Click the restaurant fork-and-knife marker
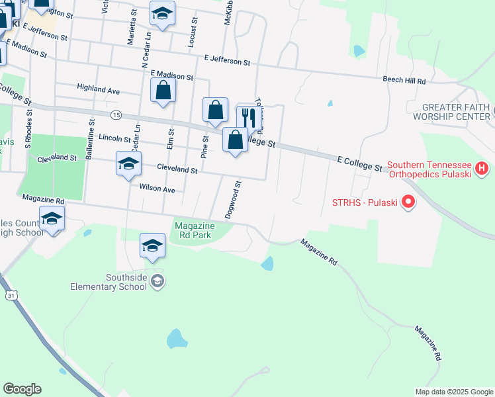[x=249, y=118]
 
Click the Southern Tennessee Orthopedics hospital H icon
[x=481, y=170]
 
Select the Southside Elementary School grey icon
[x=157, y=282]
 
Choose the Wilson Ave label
[x=157, y=189]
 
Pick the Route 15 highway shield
[x=116, y=114]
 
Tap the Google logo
[x=22, y=389]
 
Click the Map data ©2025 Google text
[x=453, y=392]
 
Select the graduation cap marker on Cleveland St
[x=128, y=163]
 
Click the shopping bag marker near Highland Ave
[x=163, y=91]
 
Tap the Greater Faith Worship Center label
[x=457, y=112]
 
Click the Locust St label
[x=193, y=32]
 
